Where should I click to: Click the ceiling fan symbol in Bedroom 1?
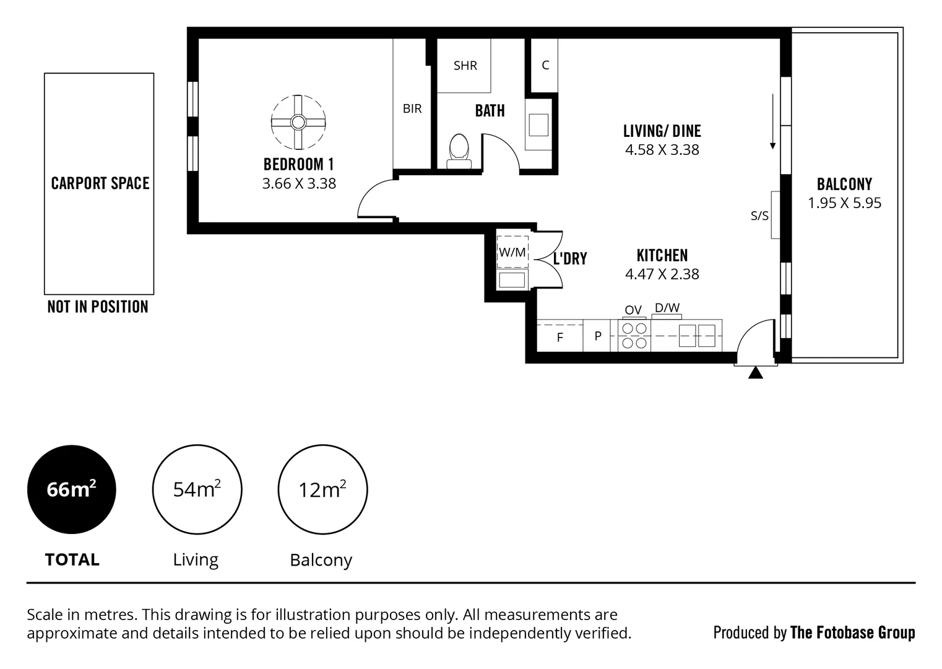298,122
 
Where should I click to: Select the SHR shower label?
465,66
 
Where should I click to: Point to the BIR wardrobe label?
412,109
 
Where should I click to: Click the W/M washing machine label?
512,253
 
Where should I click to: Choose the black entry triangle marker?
755,373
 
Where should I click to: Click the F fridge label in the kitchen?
560,338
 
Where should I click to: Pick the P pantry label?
598,336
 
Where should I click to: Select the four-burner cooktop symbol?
634,335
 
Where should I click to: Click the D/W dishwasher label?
667,307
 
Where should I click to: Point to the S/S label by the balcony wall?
759,216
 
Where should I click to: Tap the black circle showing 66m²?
72,489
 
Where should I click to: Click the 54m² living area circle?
197,489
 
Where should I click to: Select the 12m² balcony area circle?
322,489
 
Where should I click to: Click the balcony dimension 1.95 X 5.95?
844,203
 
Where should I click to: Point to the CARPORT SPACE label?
100,183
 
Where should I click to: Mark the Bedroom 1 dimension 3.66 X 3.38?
299,184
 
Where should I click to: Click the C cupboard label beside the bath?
545,65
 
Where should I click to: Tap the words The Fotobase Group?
852,632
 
